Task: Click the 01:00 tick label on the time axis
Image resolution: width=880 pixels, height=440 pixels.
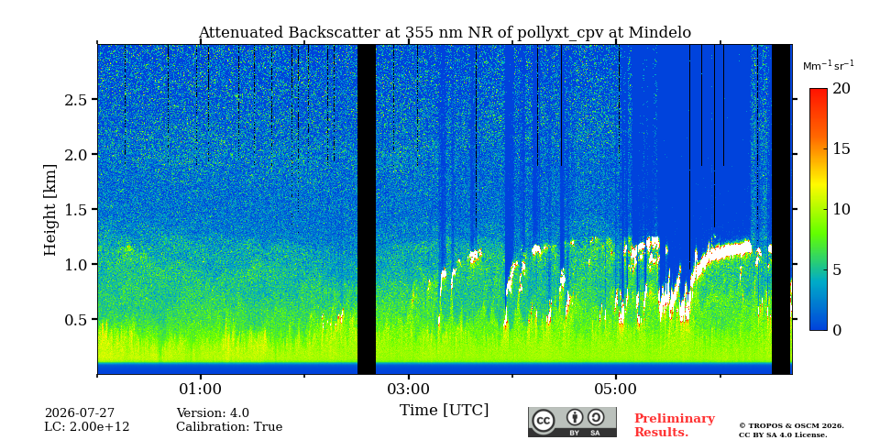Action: click(x=201, y=390)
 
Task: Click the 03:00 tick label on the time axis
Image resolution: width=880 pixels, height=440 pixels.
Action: click(x=409, y=390)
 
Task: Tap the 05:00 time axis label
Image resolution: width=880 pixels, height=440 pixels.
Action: click(x=616, y=390)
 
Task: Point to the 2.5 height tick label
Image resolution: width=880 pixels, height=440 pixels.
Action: click(x=77, y=99)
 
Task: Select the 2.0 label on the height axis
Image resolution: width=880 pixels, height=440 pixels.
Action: click(x=77, y=154)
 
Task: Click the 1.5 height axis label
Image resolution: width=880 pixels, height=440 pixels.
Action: click(x=77, y=209)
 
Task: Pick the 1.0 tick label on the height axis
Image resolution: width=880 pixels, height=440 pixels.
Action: click(x=77, y=264)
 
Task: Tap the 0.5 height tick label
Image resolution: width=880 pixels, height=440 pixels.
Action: click(x=77, y=319)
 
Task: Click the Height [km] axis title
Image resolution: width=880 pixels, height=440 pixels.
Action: click(x=50, y=210)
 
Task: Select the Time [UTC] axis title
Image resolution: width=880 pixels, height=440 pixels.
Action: click(x=444, y=411)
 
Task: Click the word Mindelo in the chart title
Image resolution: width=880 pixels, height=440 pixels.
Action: click(x=660, y=33)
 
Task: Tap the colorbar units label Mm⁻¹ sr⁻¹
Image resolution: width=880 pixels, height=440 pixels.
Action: click(x=829, y=66)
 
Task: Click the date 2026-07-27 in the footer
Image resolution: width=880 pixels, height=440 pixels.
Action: click(x=80, y=413)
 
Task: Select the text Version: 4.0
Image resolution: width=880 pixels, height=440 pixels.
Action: click(x=213, y=413)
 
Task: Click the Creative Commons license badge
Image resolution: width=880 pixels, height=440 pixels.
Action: click(x=572, y=422)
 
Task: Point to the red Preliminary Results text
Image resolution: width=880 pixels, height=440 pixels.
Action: click(x=675, y=425)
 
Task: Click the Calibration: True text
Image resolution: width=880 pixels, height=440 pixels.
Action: click(x=229, y=427)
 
